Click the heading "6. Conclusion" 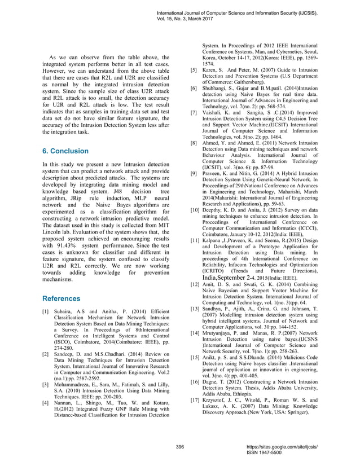(65, 151)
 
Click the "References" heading (62, 298)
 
